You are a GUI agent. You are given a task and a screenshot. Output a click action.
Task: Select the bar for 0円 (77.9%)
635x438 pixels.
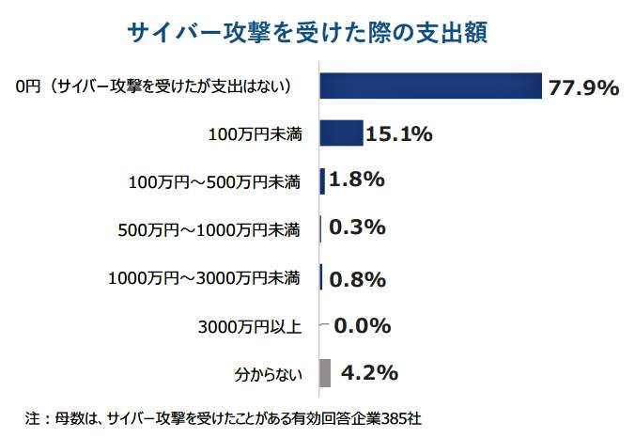431,86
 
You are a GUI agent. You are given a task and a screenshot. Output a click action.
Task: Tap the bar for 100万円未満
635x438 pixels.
341,133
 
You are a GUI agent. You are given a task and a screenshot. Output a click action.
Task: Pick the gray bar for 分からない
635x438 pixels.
325,373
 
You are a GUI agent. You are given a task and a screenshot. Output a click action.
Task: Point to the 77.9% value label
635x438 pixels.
583,88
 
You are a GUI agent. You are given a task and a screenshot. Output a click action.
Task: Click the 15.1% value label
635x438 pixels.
398,134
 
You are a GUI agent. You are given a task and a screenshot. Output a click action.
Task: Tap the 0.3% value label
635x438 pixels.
358,228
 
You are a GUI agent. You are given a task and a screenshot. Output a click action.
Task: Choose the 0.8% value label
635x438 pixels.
358,278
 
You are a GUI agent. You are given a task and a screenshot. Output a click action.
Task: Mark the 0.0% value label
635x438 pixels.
362,326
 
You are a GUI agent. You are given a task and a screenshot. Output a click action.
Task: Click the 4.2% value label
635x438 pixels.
369,373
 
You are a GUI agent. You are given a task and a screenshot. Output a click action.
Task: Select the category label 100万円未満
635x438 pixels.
255,135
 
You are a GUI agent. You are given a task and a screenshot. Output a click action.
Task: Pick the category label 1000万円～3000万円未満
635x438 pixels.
204,278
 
